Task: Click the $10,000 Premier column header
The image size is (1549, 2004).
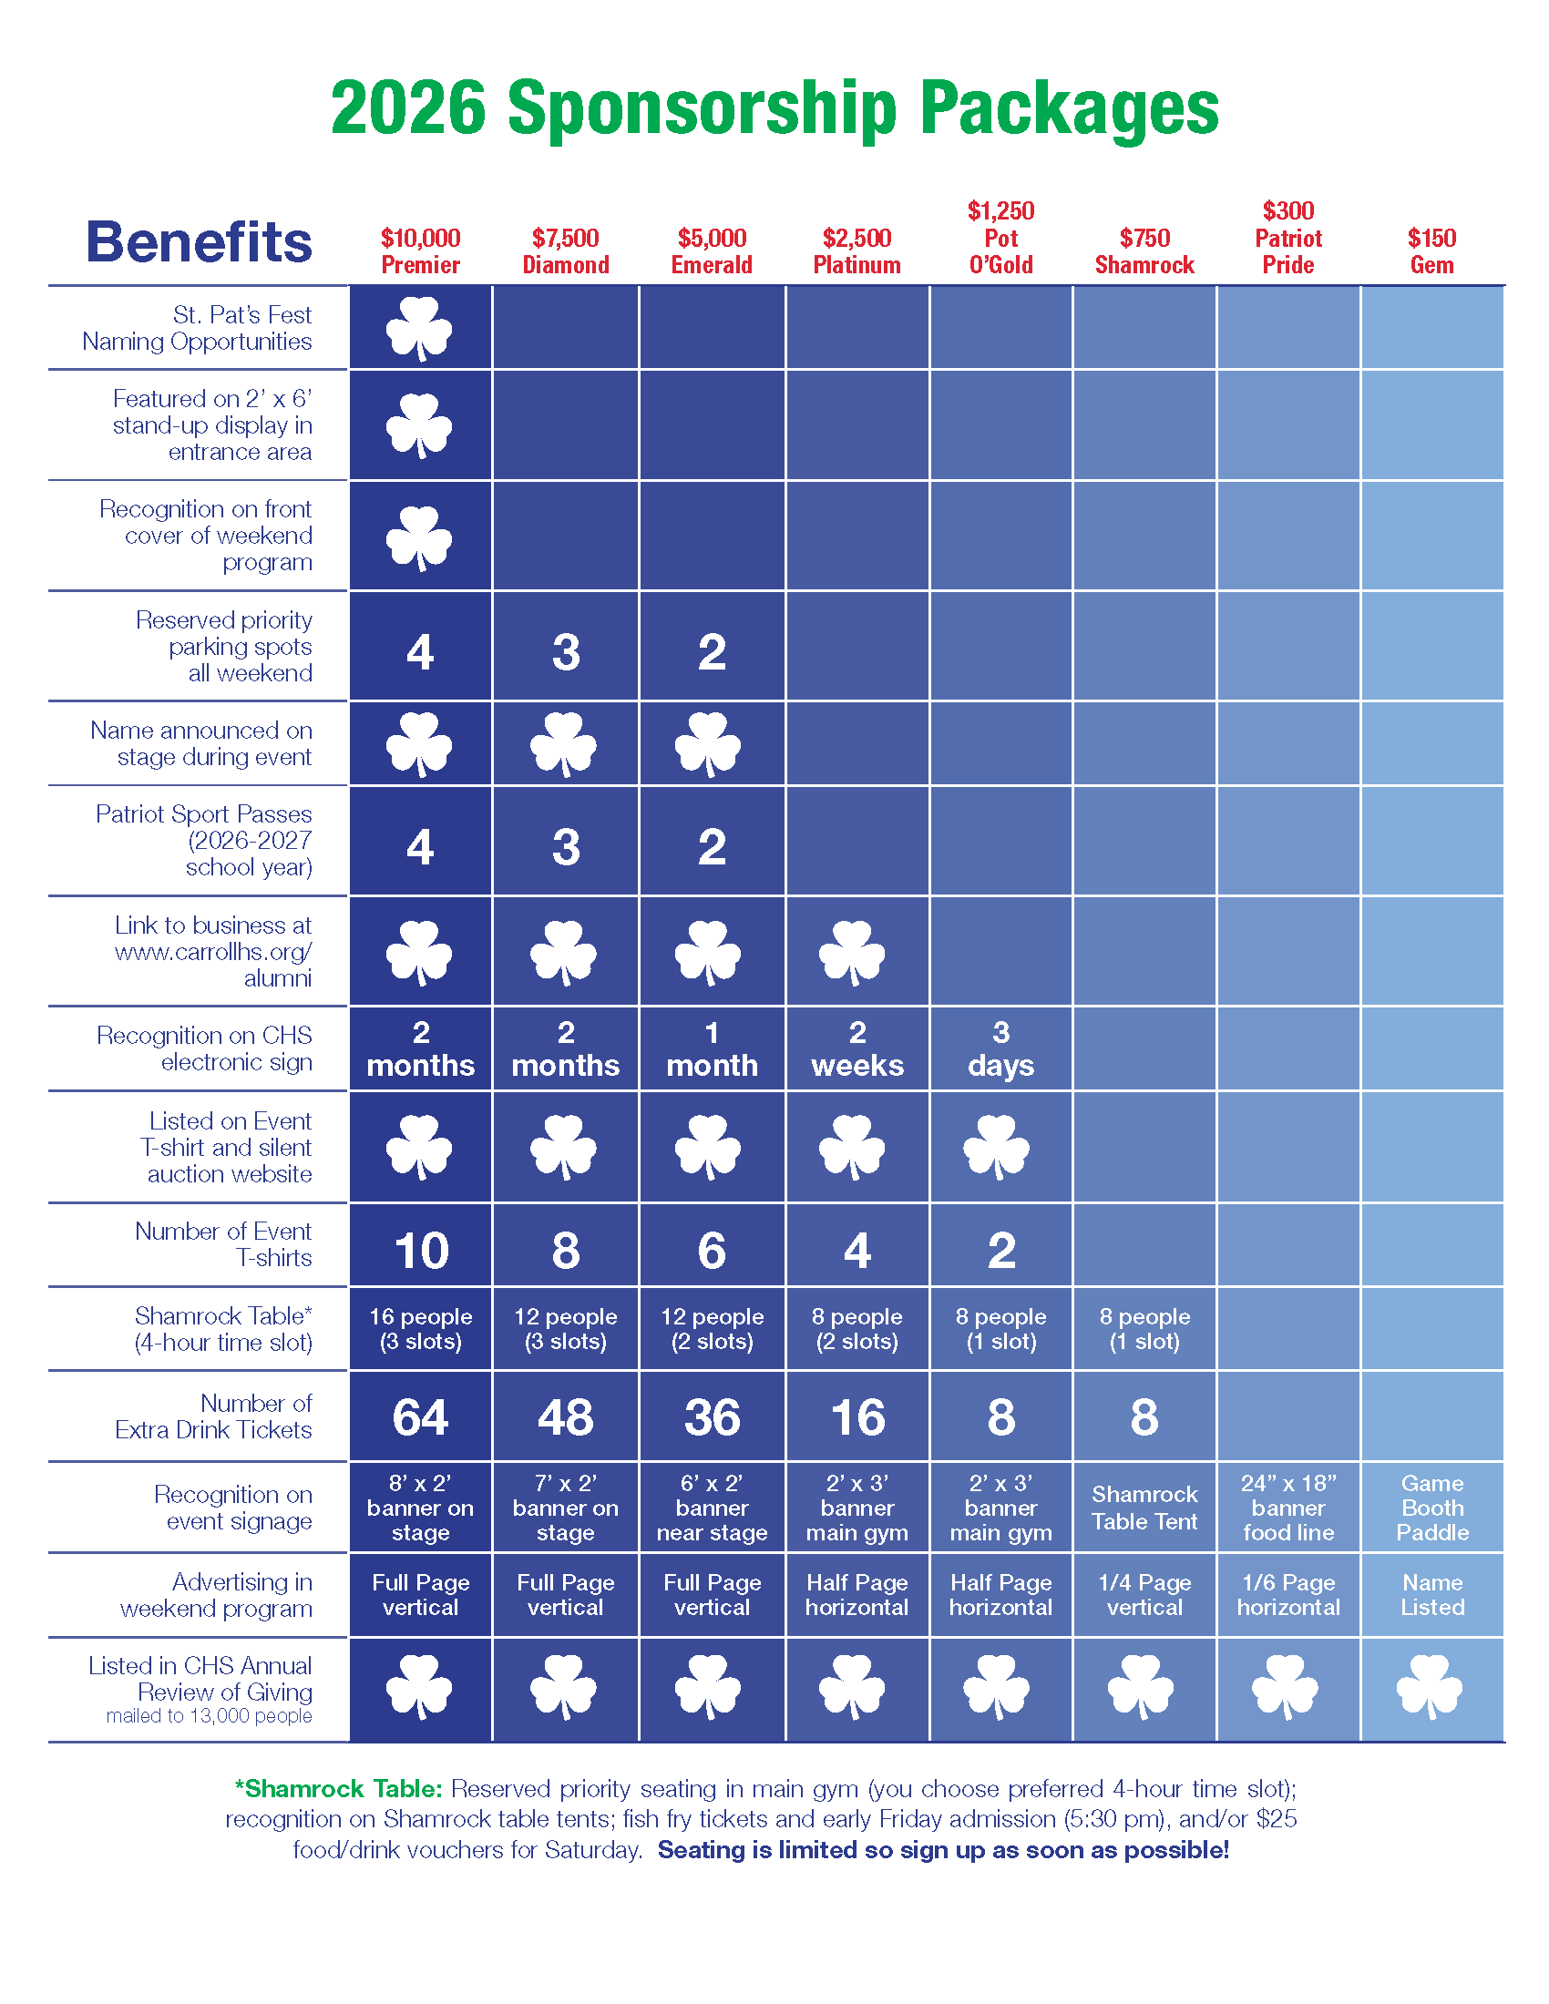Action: pos(420,251)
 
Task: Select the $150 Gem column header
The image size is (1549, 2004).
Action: pos(1431,251)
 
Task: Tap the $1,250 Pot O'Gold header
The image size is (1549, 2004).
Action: pos(1000,239)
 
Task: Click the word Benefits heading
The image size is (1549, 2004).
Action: pos(200,242)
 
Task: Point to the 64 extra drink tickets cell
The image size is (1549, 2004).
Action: pos(420,1416)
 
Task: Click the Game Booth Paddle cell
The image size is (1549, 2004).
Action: pos(1431,1508)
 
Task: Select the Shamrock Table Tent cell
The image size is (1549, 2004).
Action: pos(1144,1508)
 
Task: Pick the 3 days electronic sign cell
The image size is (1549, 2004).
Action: pos(1000,1049)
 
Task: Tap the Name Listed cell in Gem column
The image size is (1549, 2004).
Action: pos(1431,1595)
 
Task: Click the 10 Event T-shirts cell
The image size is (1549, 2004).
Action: pos(420,1251)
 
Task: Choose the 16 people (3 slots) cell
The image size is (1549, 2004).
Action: pos(420,1329)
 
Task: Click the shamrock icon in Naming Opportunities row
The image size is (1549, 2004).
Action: pos(419,328)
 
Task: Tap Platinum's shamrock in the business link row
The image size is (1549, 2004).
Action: pos(853,953)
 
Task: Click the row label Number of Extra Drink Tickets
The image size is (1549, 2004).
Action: pos(214,1416)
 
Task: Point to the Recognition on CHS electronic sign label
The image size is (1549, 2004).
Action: pos(205,1048)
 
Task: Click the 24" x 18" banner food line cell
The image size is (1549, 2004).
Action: pos(1288,1508)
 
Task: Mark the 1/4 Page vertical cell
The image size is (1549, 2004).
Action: pos(1144,1595)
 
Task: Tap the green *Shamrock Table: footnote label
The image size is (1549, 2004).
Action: pos(339,1788)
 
